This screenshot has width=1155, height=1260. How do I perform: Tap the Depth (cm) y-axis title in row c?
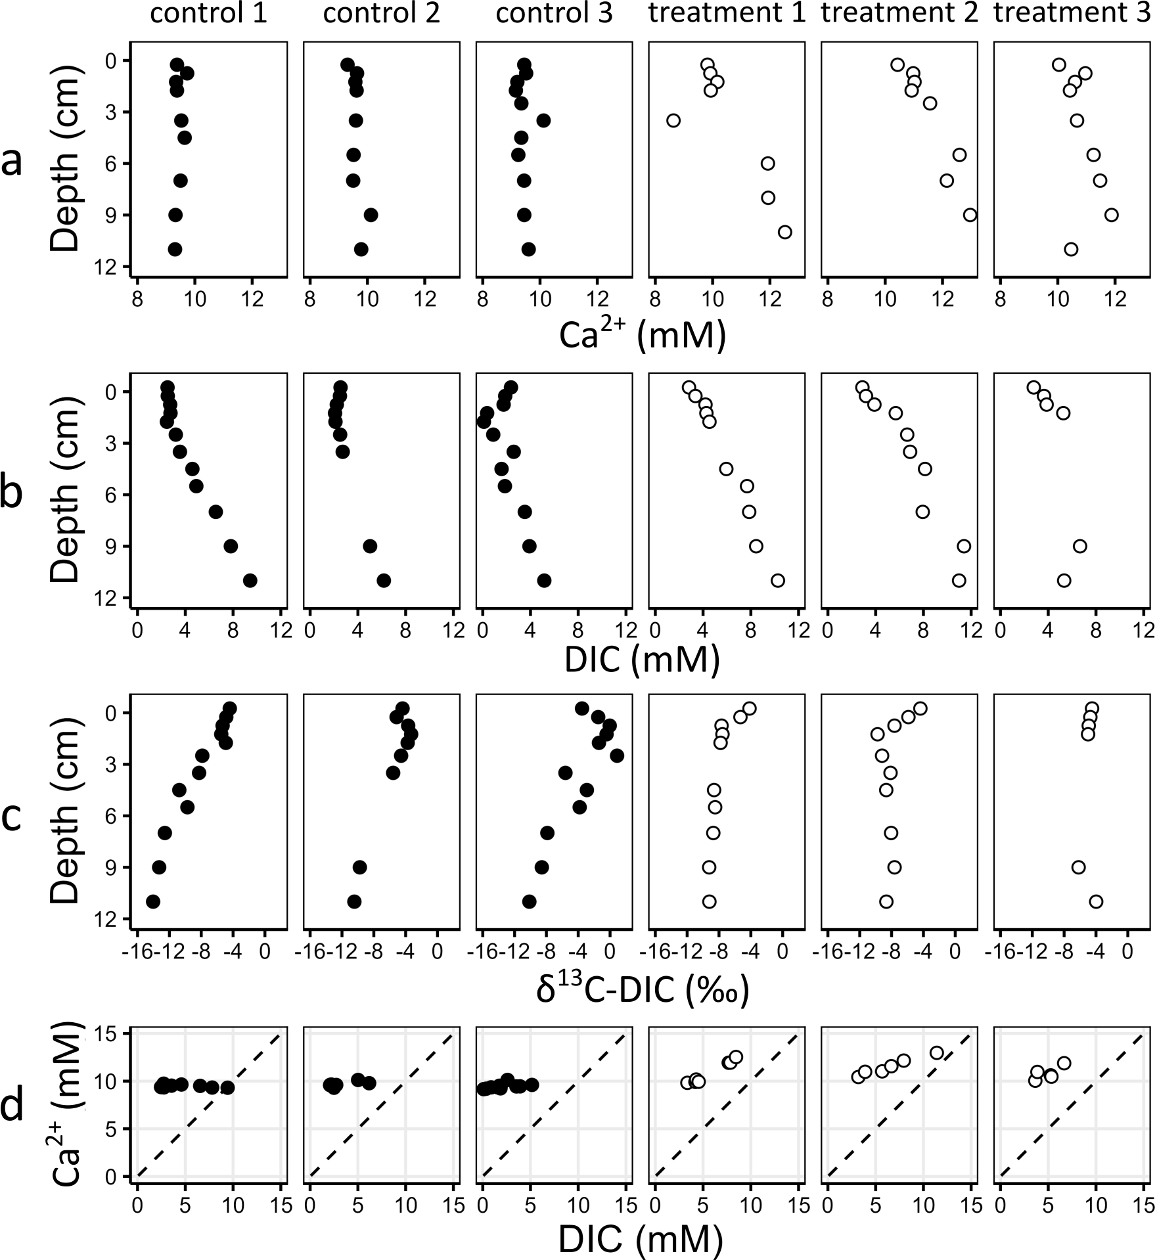click(66, 811)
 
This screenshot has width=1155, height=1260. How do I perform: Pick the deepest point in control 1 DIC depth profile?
click(250, 580)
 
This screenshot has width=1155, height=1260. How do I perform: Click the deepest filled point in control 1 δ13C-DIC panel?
click(153, 901)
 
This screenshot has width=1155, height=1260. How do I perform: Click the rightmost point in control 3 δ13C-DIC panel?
click(616, 755)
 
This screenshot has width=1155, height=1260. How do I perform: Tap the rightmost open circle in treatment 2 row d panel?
click(937, 1053)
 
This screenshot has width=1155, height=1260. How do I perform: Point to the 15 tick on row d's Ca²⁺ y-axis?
click(110, 1035)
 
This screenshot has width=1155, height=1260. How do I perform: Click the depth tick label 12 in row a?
click(110, 267)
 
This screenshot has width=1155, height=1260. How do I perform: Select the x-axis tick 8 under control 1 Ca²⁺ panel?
click(137, 300)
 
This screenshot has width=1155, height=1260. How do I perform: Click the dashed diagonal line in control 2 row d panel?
click(382, 1106)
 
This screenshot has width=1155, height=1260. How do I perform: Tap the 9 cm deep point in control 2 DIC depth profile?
click(370, 546)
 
